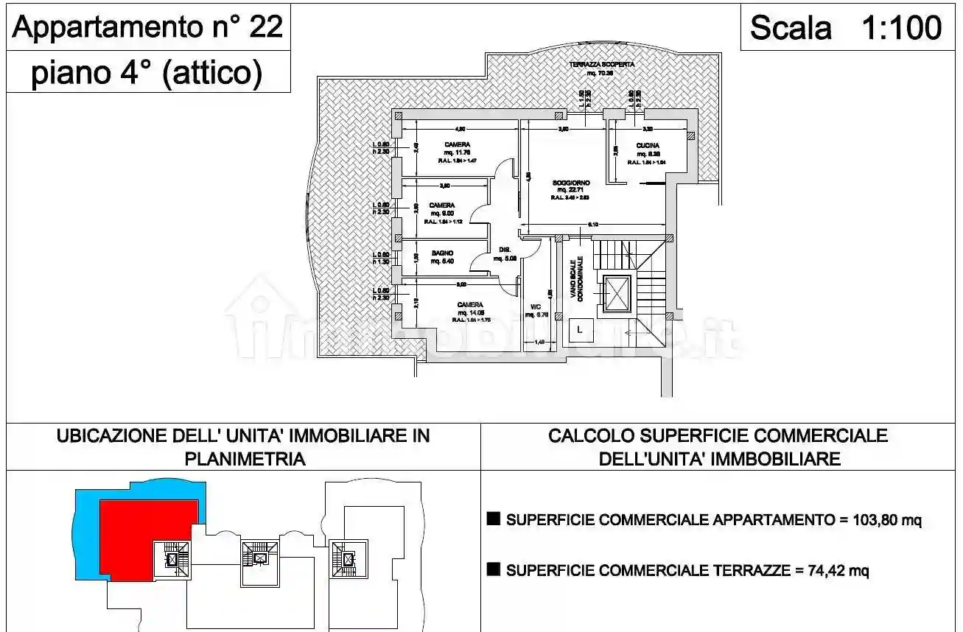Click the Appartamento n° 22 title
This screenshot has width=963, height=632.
pos(148,27)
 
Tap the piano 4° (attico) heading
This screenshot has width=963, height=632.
pos(147,74)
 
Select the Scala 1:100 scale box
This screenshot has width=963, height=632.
pos(845,28)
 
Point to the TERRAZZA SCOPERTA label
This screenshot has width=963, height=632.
pos(601,65)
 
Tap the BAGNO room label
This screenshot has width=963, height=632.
pos(442,253)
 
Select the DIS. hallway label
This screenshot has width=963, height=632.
pos(505,249)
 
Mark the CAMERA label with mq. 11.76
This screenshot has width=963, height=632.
pos(458,144)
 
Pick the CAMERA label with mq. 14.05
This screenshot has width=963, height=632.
pos(470,305)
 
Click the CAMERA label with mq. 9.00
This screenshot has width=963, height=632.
pos(442,206)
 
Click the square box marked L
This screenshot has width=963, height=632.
pos(580,330)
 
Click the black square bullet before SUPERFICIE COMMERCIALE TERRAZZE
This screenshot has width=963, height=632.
pos(494,569)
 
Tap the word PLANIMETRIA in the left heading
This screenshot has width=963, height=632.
pos(244,460)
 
